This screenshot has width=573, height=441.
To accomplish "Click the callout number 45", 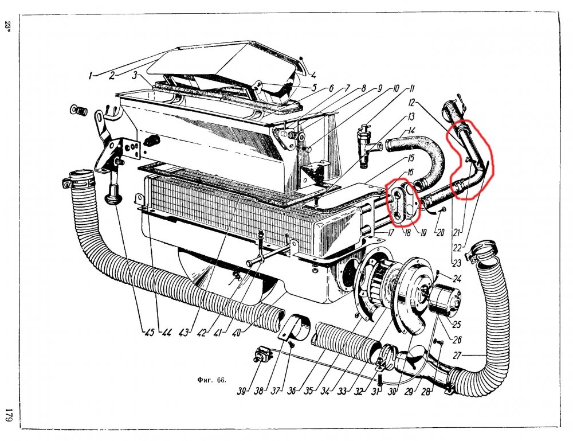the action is (x=149, y=333).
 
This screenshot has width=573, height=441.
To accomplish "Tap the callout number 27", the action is (x=458, y=356).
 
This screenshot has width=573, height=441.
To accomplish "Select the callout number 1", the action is (x=90, y=76).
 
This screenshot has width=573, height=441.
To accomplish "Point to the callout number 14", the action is (x=412, y=130).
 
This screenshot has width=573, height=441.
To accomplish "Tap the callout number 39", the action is (x=241, y=391).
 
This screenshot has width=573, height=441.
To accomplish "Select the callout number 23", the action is (x=457, y=263).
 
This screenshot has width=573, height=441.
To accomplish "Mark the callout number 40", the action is (x=236, y=333).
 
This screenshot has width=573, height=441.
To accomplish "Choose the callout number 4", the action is (x=313, y=76).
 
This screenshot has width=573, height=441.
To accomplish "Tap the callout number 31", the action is (x=375, y=391).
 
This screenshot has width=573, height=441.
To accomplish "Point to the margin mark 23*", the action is (x=8, y=26).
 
